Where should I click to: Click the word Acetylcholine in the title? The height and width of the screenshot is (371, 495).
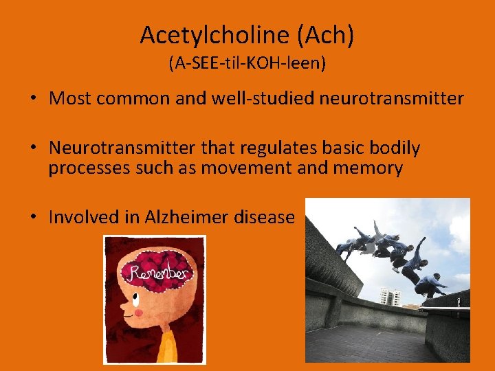(212, 35)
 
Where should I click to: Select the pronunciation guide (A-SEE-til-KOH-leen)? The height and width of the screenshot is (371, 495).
(247, 64)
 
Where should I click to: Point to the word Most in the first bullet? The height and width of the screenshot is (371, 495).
(70, 98)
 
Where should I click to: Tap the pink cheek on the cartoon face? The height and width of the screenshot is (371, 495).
(137, 313)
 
